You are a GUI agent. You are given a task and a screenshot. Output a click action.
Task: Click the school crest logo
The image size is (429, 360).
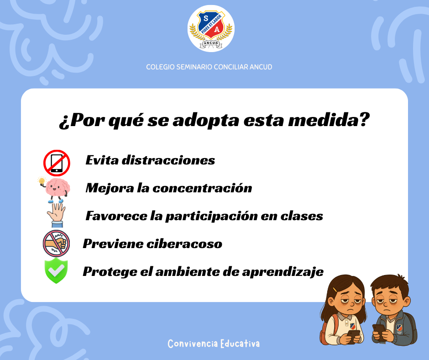211,28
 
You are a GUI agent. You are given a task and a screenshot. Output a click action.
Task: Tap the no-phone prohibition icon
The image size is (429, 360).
57,163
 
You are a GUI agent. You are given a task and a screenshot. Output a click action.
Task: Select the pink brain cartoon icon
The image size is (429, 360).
56,190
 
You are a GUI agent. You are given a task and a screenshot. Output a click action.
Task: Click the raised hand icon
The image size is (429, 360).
56,215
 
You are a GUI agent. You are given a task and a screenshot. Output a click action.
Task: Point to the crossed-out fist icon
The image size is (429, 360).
56,244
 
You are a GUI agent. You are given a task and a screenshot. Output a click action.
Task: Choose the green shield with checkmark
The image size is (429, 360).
56,270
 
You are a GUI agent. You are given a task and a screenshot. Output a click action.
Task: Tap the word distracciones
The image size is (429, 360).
168,160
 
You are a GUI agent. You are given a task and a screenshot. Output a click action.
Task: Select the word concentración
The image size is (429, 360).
202,188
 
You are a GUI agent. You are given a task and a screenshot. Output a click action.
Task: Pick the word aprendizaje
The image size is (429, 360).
283,272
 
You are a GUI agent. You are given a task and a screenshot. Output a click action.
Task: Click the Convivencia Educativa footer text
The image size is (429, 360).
214,344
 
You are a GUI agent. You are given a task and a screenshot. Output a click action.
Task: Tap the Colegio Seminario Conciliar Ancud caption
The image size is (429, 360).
209,67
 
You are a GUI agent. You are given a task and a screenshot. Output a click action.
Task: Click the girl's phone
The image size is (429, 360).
353,335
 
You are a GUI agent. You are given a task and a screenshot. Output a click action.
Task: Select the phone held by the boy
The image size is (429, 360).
379,331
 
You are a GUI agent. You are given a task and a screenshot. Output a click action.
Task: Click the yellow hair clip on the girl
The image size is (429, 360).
335,290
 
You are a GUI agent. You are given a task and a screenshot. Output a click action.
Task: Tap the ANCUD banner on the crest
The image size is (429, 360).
211,43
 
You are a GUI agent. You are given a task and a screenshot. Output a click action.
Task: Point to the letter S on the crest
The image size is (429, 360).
206,19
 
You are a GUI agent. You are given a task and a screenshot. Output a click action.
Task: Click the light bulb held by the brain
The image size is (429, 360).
42,181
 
